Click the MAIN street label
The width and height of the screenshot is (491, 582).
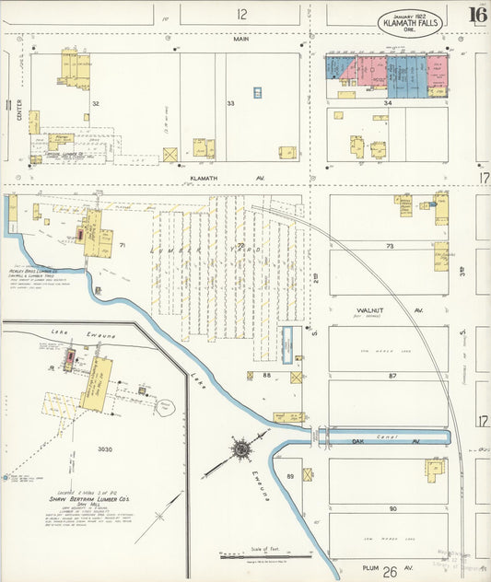[241, 39]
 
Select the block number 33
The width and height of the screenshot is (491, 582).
[230, 103]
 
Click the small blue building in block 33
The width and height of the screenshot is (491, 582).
[257, 93]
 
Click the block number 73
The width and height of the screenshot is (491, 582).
[390, 246]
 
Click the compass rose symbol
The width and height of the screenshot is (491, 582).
[242, 449]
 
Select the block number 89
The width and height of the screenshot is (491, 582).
[290, 475]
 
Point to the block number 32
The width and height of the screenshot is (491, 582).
[95, 103]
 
